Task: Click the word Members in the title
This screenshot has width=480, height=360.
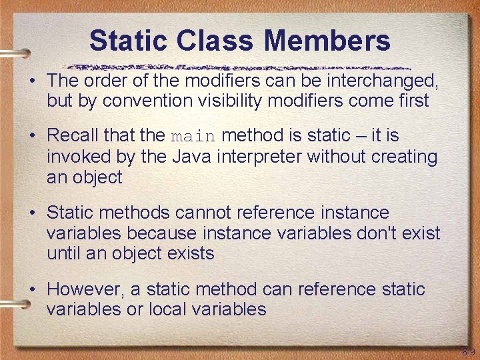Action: coord(327,41)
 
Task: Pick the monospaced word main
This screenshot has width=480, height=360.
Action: coord(193,137)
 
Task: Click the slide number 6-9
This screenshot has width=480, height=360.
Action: coord(467,351)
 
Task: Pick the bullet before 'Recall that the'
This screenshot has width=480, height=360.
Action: coord(32,136)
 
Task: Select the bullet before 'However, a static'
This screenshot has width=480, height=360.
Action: coord(32,289)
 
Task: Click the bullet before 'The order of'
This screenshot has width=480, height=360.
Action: coord(32,81)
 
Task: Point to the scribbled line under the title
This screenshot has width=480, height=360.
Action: coord(240,67)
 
